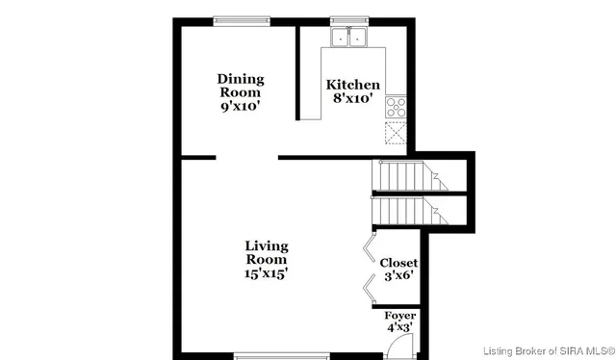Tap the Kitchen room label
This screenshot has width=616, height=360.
click(x=352, y=85)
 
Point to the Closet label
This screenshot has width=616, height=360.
click(x=398, y=263)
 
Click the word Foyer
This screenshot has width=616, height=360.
click(x=399, y=316)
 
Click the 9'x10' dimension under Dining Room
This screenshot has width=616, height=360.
click(x=240, y=107)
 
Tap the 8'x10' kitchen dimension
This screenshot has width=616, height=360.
click(x=352, y=98)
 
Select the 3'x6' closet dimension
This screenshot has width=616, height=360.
click(x=398, y=277)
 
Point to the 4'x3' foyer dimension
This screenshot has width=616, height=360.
click(x=399, y=328)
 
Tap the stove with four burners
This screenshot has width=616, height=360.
click(x=397, y=107)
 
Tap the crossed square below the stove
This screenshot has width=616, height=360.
click(x=397, y=133)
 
